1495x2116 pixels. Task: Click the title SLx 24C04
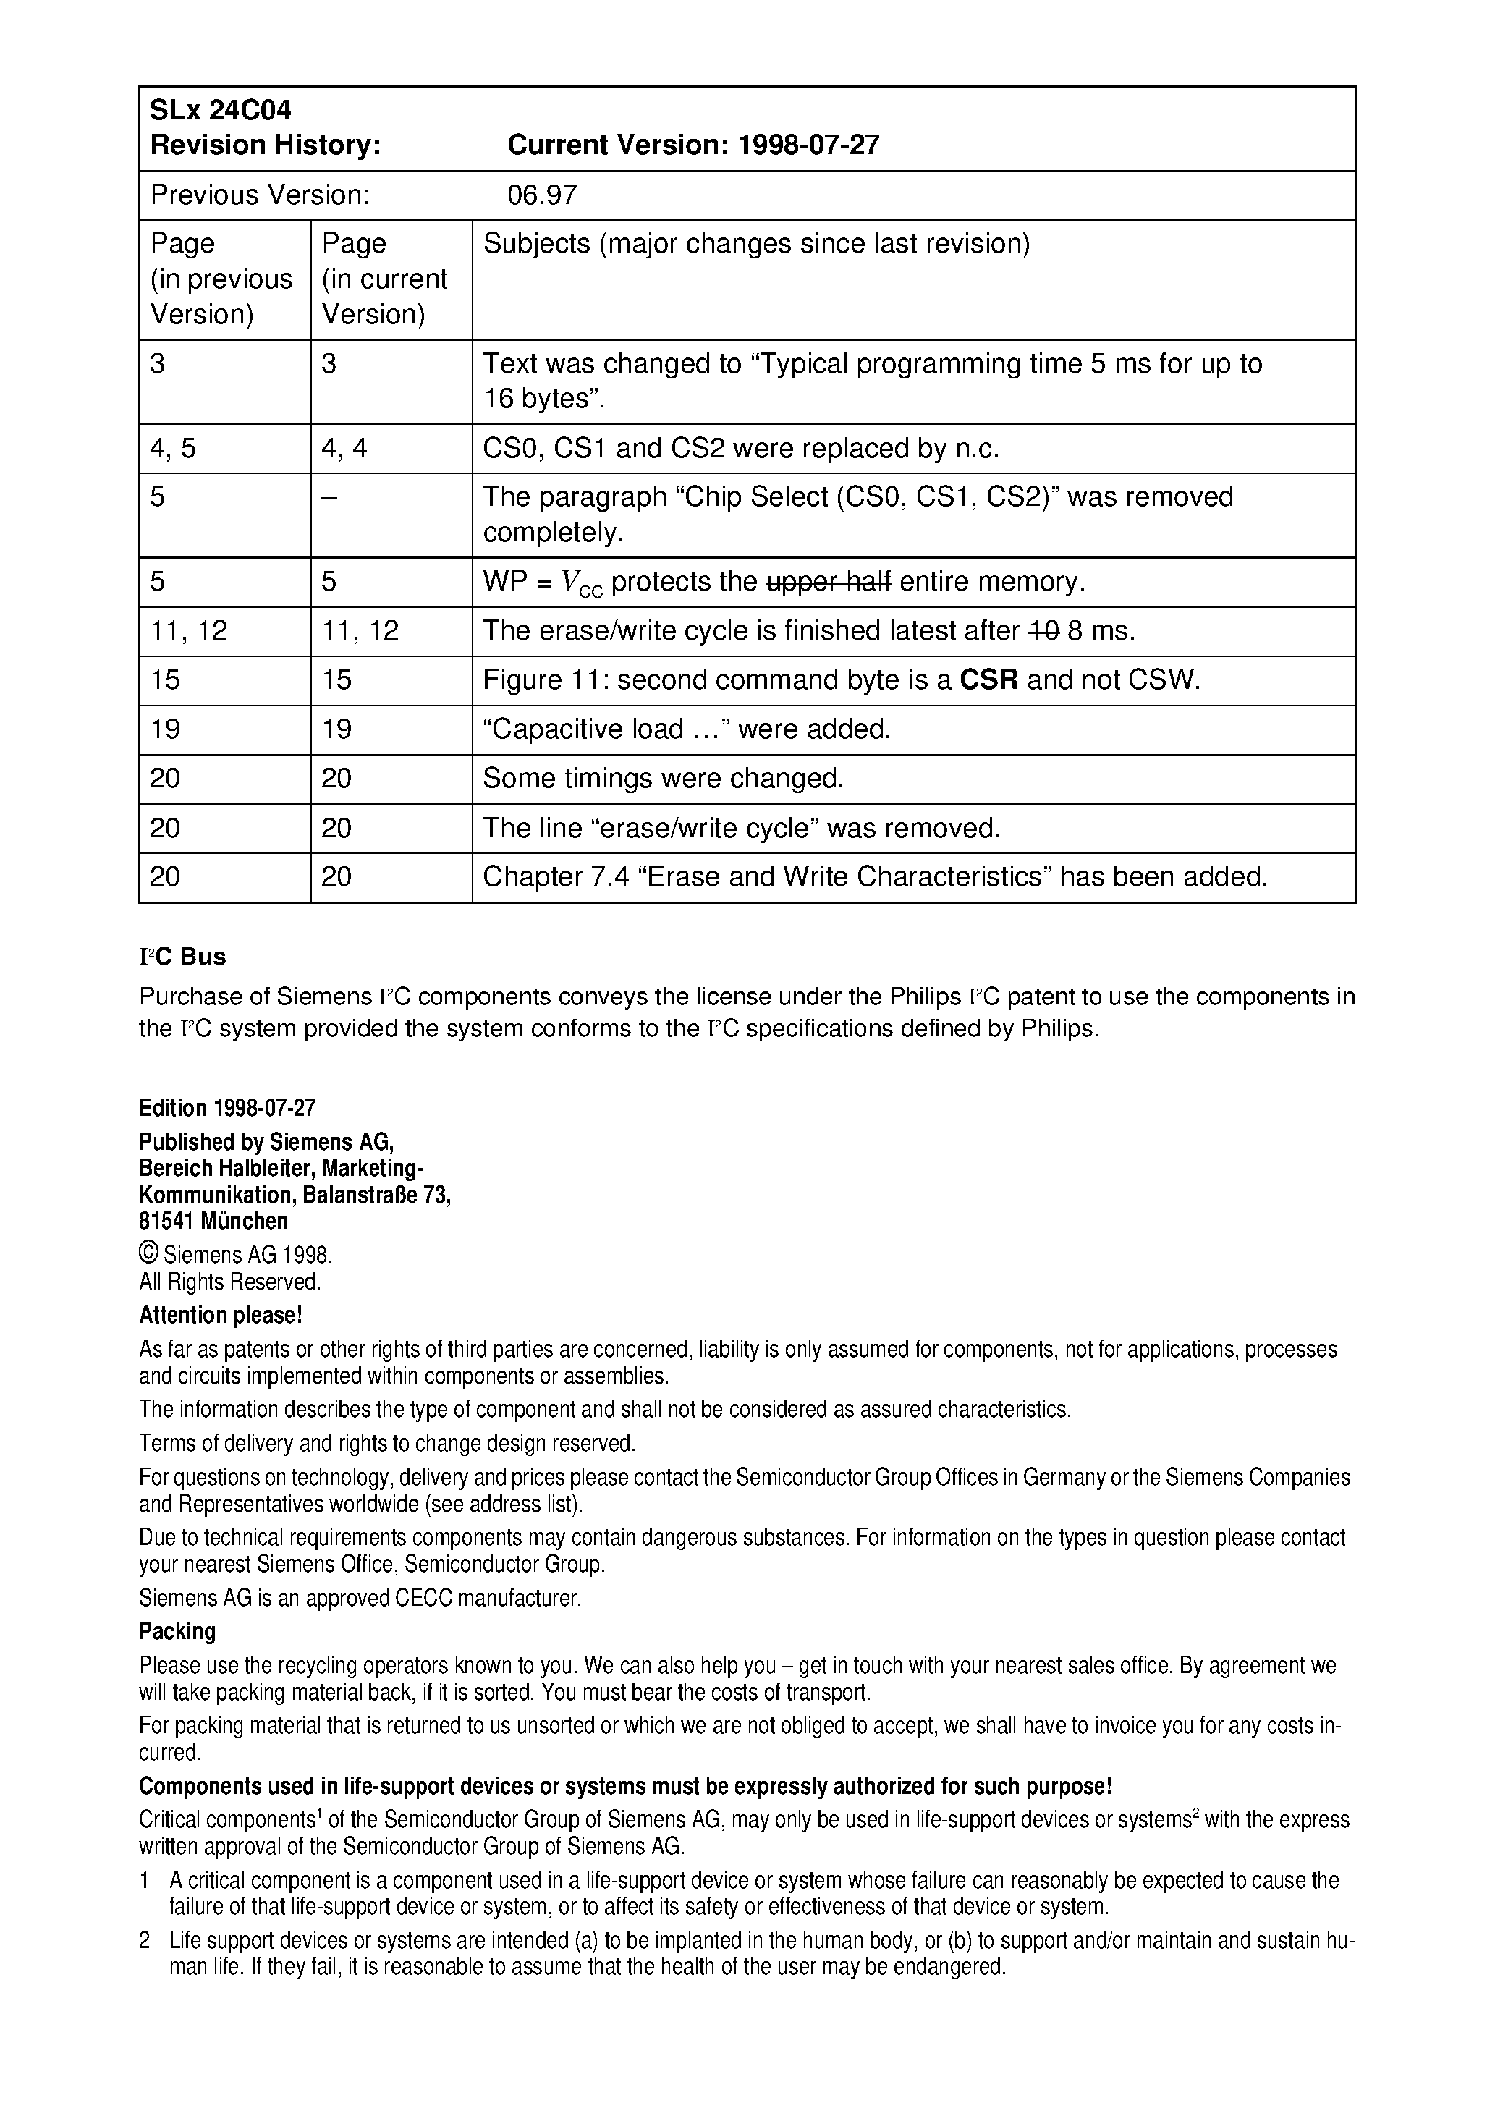(x=220, y=111)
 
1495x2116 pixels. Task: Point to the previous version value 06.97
(x=542, y=195)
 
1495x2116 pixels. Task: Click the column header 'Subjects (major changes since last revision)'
(x=755, y=243)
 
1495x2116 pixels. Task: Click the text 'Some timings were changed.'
(x=663, y=779)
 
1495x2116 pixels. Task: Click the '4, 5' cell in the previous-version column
(x=173, y=448)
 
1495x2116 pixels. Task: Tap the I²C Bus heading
(x=182, y=957)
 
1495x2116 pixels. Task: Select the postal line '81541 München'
(x=213, y=1221)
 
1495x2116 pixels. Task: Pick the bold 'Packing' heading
(x=177, y=1631)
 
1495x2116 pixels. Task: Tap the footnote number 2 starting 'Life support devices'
(x=145, y=1941)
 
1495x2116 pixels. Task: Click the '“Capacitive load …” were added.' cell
(x=687, y=729)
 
